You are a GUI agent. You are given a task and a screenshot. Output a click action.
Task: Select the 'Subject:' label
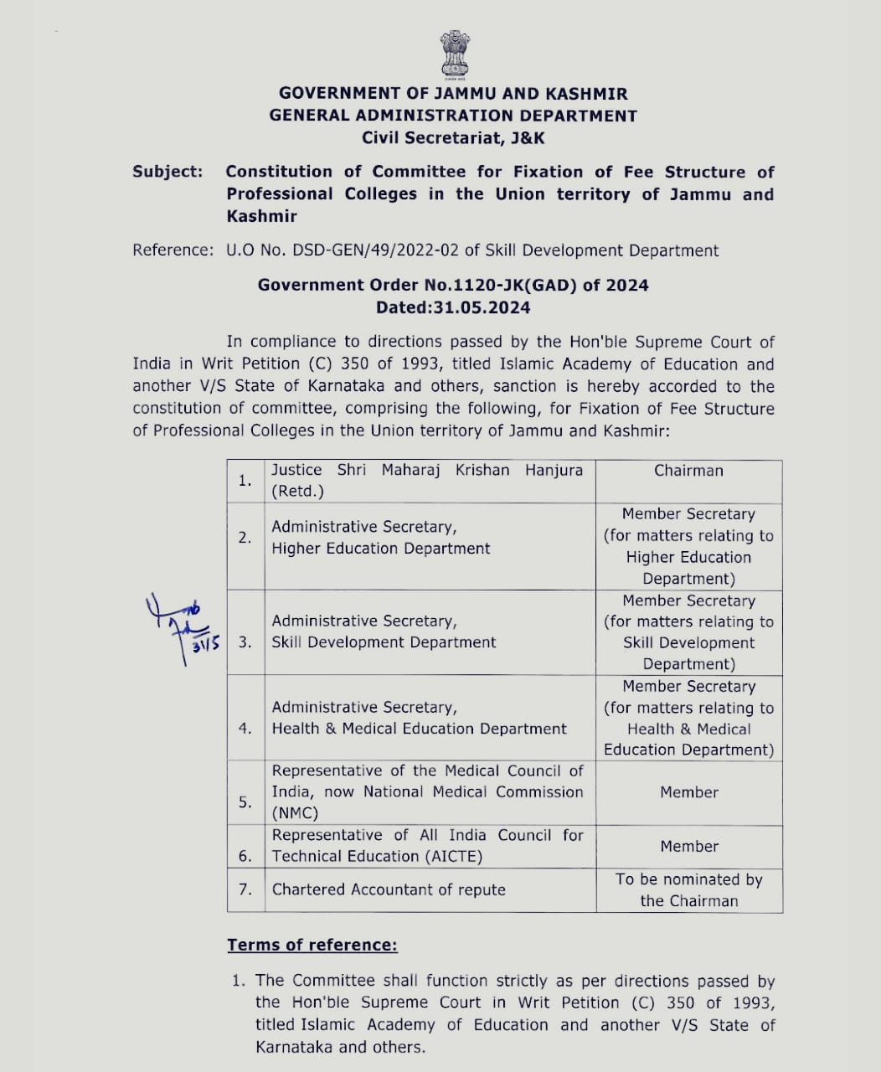pyautogui.click(x=167, y=172)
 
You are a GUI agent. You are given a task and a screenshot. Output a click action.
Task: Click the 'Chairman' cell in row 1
pyautogui.click(x=688, y=471)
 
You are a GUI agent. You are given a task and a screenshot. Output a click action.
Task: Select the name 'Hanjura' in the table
pyautogui.click(x=554, y=470)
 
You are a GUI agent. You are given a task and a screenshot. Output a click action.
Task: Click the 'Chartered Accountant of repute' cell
pyautogui.click(x=389, y=889)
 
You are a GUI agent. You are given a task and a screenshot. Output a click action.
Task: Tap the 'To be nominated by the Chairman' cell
pyautogui.click(x=688, y=889)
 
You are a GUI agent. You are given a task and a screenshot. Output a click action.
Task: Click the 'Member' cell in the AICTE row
pyautogui.click(x=688, y=846)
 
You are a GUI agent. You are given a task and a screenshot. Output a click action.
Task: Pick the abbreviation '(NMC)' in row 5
pyautogui.click(x=295, y=813)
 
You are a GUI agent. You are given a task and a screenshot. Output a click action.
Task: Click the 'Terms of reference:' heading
pyautogui.click(x=312, y=945)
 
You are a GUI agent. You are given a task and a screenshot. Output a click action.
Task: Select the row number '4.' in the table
pyautogui.click(x=245, y=728)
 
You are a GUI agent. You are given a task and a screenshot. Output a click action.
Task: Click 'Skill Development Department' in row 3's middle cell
pyautogui.click(x=384, y=642)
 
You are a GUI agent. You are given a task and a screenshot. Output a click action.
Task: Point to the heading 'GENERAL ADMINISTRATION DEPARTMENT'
pyautogui.click(x=453, y=116)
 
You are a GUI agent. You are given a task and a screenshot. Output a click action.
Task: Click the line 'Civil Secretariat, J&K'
pyautogui.click(x=453, y=137)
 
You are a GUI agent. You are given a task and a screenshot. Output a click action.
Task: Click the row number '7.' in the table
pyautogui.click(x=245, y=889)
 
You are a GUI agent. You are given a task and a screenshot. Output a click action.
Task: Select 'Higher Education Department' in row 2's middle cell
pyautogui.click(x=381, y=549)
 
